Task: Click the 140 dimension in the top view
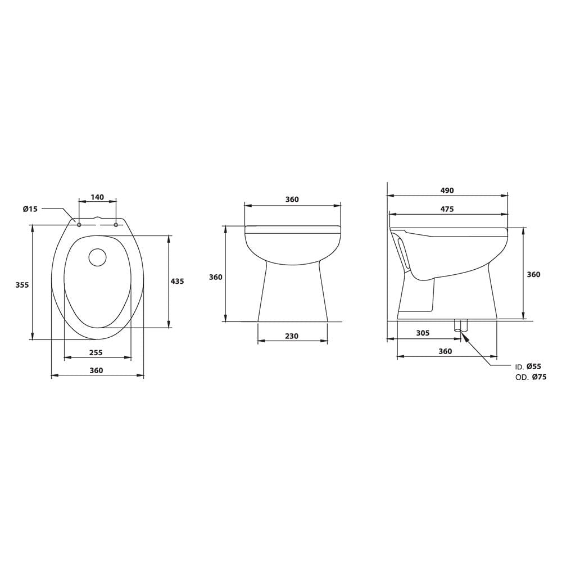97,197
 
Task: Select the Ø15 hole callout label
30,209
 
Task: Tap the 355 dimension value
22,285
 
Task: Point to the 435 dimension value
177,282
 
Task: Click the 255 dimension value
96,353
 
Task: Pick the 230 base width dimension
291,336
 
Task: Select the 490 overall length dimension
447,191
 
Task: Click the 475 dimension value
447,209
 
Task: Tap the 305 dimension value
423,333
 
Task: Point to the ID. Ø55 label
528,366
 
